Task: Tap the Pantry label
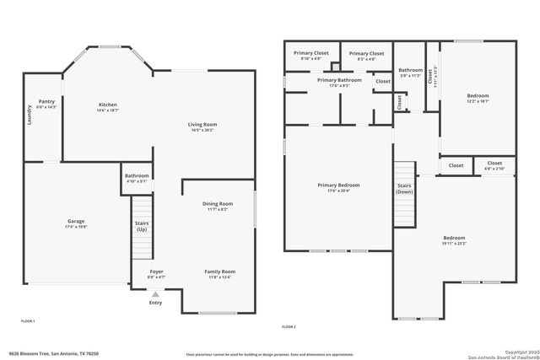pyautogui.click(x=46, y=101)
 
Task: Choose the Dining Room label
pyautogui.click(x=217, y=204)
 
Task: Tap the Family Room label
pyautogui.click(x=219, y=271)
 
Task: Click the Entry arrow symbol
pyautogui.click(x=155, y=293)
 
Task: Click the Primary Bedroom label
pyautogui.click(x=338, y=185)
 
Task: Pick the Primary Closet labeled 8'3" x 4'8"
pyautogui.click(x=365, y=53)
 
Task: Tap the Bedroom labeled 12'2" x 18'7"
pyautogui.click(x=478, y=96)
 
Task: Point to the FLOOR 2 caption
pyautogui.click(x=289, y=325)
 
